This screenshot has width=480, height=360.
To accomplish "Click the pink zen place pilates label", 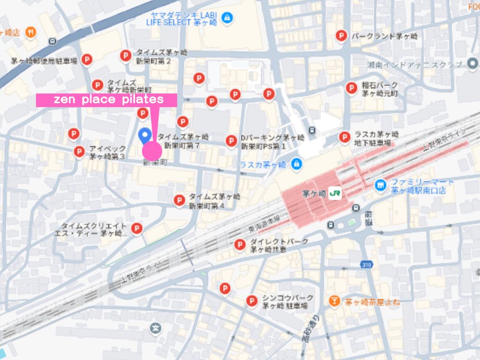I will (107, 100).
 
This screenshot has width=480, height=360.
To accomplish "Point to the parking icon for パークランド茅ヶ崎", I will (341, 36).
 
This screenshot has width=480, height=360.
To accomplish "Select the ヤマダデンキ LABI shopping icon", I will (228, 18).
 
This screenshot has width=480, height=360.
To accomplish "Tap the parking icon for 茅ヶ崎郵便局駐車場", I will (86, 60).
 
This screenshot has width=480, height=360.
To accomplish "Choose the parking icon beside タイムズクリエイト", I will (137, 228).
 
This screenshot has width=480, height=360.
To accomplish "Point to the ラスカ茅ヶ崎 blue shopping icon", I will (296, 164).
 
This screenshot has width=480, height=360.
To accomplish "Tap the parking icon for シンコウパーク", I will (251, 300).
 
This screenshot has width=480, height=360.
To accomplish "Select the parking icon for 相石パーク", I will (351, 87).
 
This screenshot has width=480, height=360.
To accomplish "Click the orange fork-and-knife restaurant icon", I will (31, 33).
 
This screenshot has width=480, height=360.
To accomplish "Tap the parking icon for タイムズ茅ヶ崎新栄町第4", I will (179, 200).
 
